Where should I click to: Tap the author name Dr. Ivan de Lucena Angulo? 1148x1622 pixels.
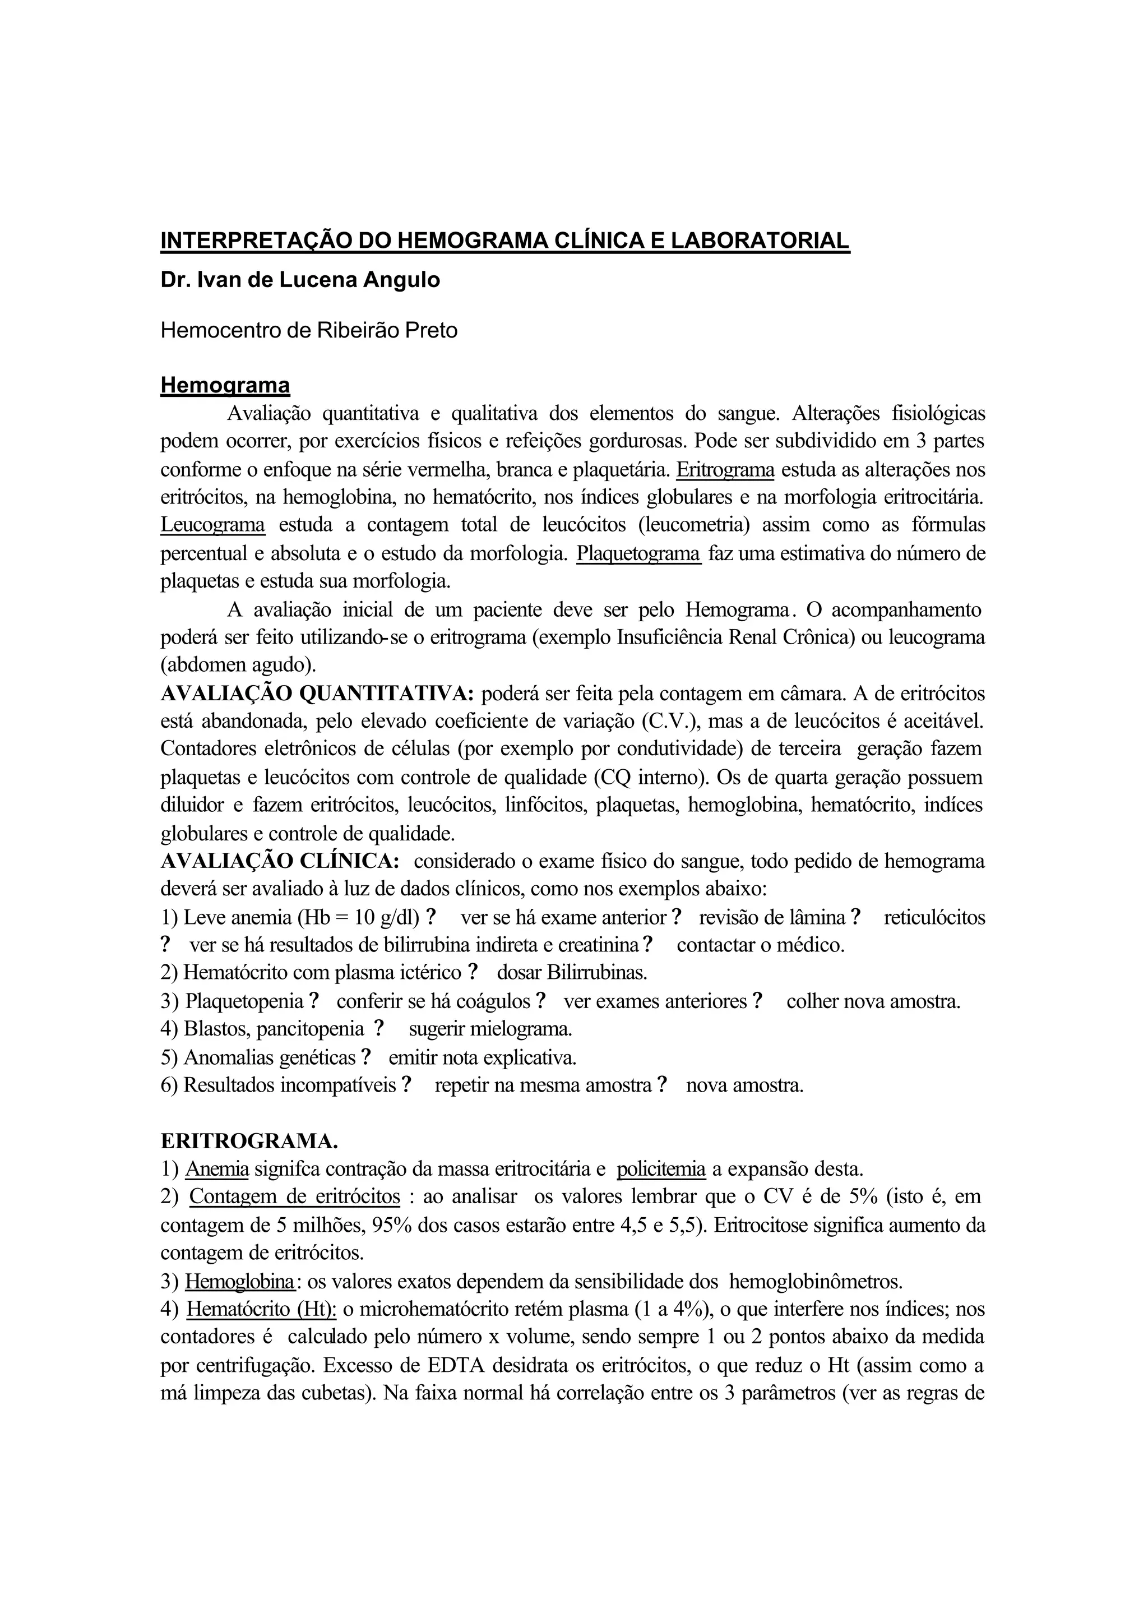click(x=300, y=280)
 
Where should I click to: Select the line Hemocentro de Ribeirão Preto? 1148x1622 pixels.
click(x=309, y=330)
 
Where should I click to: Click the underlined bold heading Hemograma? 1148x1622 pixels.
click(x=225, y=385)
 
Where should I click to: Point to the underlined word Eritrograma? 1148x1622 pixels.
click(x=725, y=469)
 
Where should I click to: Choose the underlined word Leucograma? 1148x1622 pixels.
click(x=213, y=525)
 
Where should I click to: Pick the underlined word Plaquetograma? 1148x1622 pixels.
click(x=638, y=553)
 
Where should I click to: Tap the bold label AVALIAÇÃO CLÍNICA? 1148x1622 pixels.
click(x=281, y=862)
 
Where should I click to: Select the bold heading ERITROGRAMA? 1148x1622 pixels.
click(x=249, y=1141)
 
